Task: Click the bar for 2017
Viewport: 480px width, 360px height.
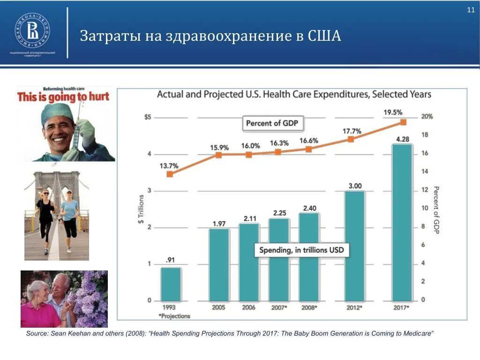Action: click(402, 222)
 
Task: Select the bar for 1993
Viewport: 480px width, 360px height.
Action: click(171, 284)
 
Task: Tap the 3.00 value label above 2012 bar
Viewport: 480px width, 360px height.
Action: click(355, 186)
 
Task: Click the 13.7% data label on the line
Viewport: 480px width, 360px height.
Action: click(169, 165)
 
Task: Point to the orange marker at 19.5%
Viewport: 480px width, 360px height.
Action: click(403, 122)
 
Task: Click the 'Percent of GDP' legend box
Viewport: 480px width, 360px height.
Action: click(273, 123)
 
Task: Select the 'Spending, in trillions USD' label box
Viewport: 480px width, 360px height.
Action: click(301, 250)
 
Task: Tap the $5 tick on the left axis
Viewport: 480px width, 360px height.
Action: click(148, 117)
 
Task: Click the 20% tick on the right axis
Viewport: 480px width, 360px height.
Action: click(427, 117)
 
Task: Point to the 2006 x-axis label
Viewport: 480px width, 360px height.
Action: click(249, 308)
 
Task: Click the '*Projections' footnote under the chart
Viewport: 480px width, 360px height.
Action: click(174, 316)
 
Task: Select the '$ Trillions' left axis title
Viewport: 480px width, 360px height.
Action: click(140, 209)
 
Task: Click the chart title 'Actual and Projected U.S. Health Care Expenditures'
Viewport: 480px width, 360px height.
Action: click(293, 94)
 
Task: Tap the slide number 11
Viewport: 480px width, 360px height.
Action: click(471, 11)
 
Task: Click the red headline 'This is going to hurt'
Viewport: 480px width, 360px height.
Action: click(63, 97)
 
